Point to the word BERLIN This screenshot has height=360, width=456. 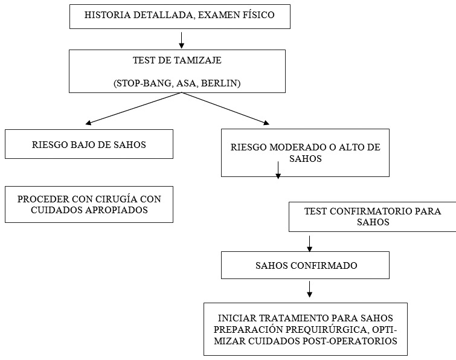[222, 84]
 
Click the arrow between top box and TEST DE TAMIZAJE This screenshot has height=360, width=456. [181, 40]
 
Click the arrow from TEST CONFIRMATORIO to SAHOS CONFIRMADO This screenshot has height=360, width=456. [310, 243]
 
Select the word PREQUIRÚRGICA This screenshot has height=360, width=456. [319, 329]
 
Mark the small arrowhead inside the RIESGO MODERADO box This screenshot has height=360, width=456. [278, 175]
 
